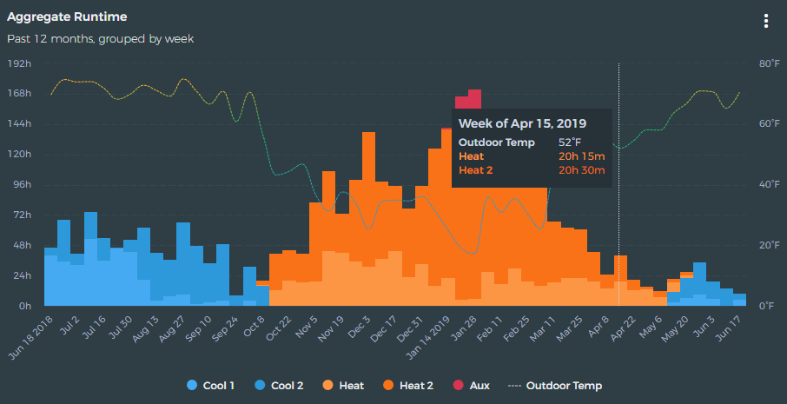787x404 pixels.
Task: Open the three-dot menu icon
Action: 765,21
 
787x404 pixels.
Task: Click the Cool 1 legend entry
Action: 211,386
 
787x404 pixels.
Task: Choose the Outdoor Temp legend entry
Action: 557,386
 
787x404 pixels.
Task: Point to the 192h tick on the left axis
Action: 20,63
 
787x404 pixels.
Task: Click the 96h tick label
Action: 20,185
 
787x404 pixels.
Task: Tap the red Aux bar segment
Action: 474,95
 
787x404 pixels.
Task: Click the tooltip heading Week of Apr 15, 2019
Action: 522,123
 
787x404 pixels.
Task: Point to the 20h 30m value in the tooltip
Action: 581,169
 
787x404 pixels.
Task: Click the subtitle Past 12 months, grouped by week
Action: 100,38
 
